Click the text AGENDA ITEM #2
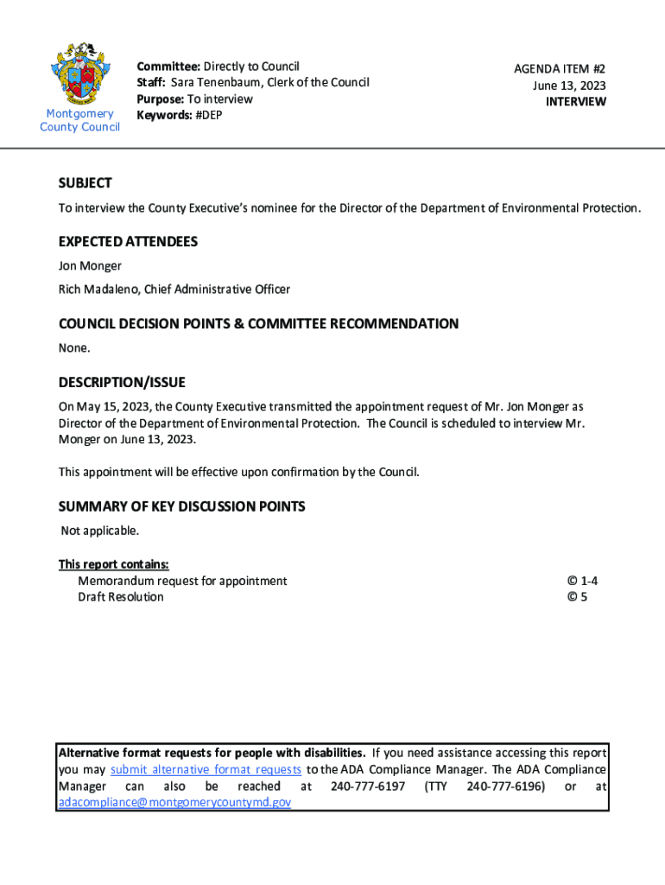coord(560,68)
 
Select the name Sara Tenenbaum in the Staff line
coord(215,82)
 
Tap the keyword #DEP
coord(206,115)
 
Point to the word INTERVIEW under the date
coord(575,101)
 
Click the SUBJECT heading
coord(85,183)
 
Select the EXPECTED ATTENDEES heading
coord(128,242)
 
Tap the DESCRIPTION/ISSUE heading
coord(122,382)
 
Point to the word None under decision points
coord(73,348)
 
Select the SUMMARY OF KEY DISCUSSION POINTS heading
coord(181,506)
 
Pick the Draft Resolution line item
coord(120,597)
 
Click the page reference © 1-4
coord(582,581)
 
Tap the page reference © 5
coord(577,597)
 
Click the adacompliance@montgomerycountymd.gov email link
coord(174,802)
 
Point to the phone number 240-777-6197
coord(368,786)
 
